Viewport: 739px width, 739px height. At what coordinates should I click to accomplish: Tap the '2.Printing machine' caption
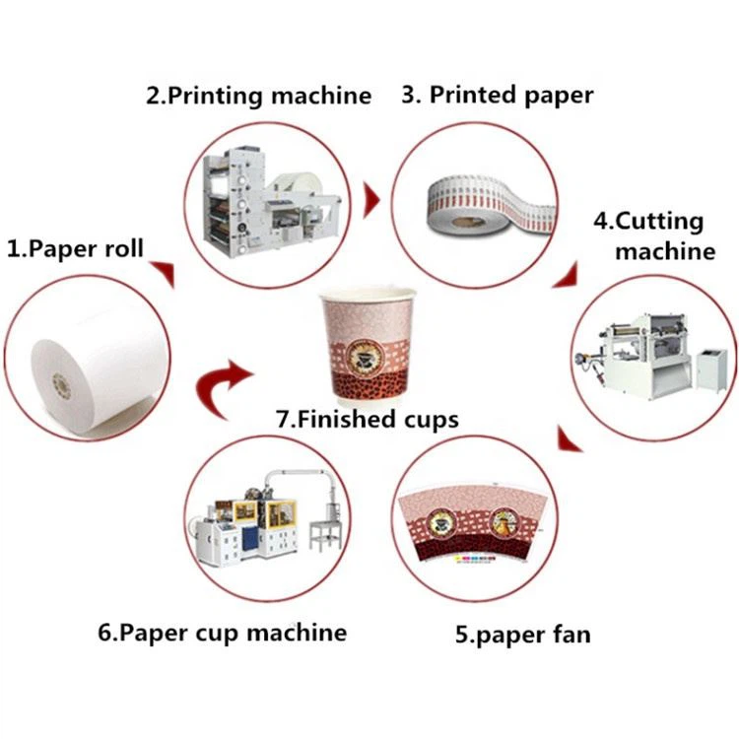pyautogui.click(x=258, y=96)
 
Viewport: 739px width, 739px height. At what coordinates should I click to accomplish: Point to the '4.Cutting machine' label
pyautogui.click(x=661, y=236)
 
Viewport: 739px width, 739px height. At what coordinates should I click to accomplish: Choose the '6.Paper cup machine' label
pyautogui.click(x=222, y=632)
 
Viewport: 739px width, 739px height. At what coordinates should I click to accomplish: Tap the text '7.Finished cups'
pyautogui.click(x=368, y=419)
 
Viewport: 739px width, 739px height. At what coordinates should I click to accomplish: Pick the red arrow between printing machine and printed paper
pyautogui.click(x=372, y=201)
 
